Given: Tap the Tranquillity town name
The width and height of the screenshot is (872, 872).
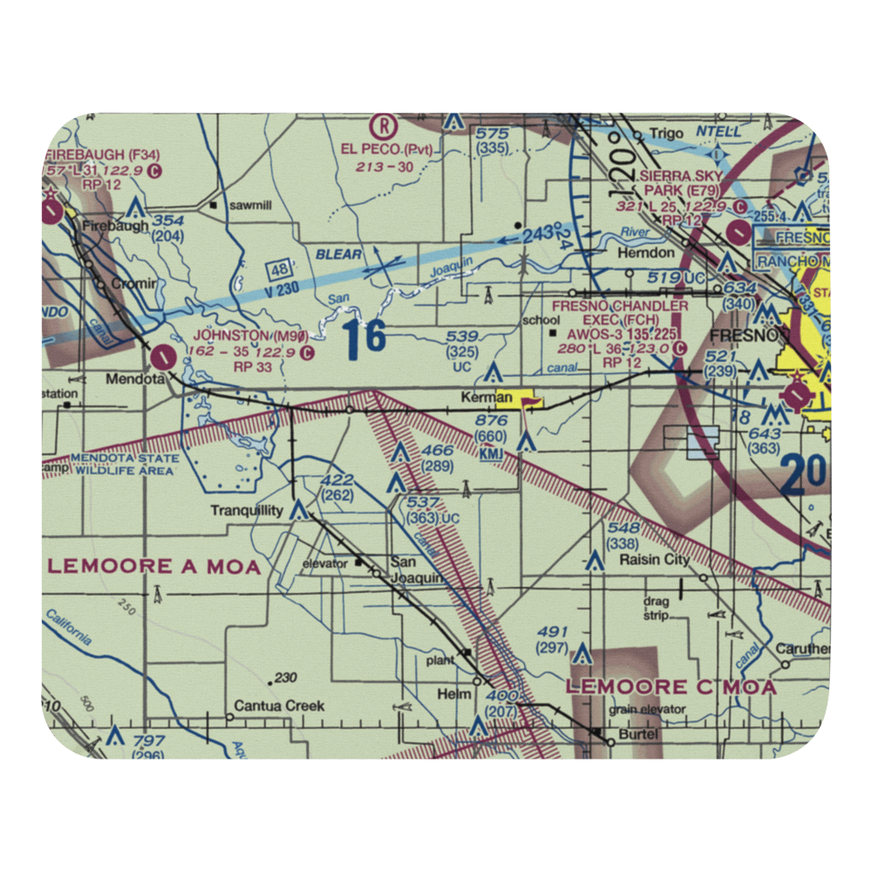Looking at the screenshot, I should [x=247, y=511].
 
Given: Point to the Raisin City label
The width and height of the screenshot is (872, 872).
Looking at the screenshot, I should [x=654, y=560].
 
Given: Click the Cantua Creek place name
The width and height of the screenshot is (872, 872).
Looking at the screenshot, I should [x=279, y=706].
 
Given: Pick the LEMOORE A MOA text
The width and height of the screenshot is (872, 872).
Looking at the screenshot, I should [x=154, y=567].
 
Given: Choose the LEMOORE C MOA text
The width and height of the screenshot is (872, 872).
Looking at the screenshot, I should [x=671, y=687].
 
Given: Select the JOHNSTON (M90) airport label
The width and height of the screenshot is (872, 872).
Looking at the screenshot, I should [x=249, y=336].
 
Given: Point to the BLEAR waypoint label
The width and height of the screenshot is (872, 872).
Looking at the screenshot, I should [x=340, y=255].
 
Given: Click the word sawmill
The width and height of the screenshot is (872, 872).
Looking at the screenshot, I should [x=247, y=206].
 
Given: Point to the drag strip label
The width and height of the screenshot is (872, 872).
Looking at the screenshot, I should [x=655, y=609].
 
